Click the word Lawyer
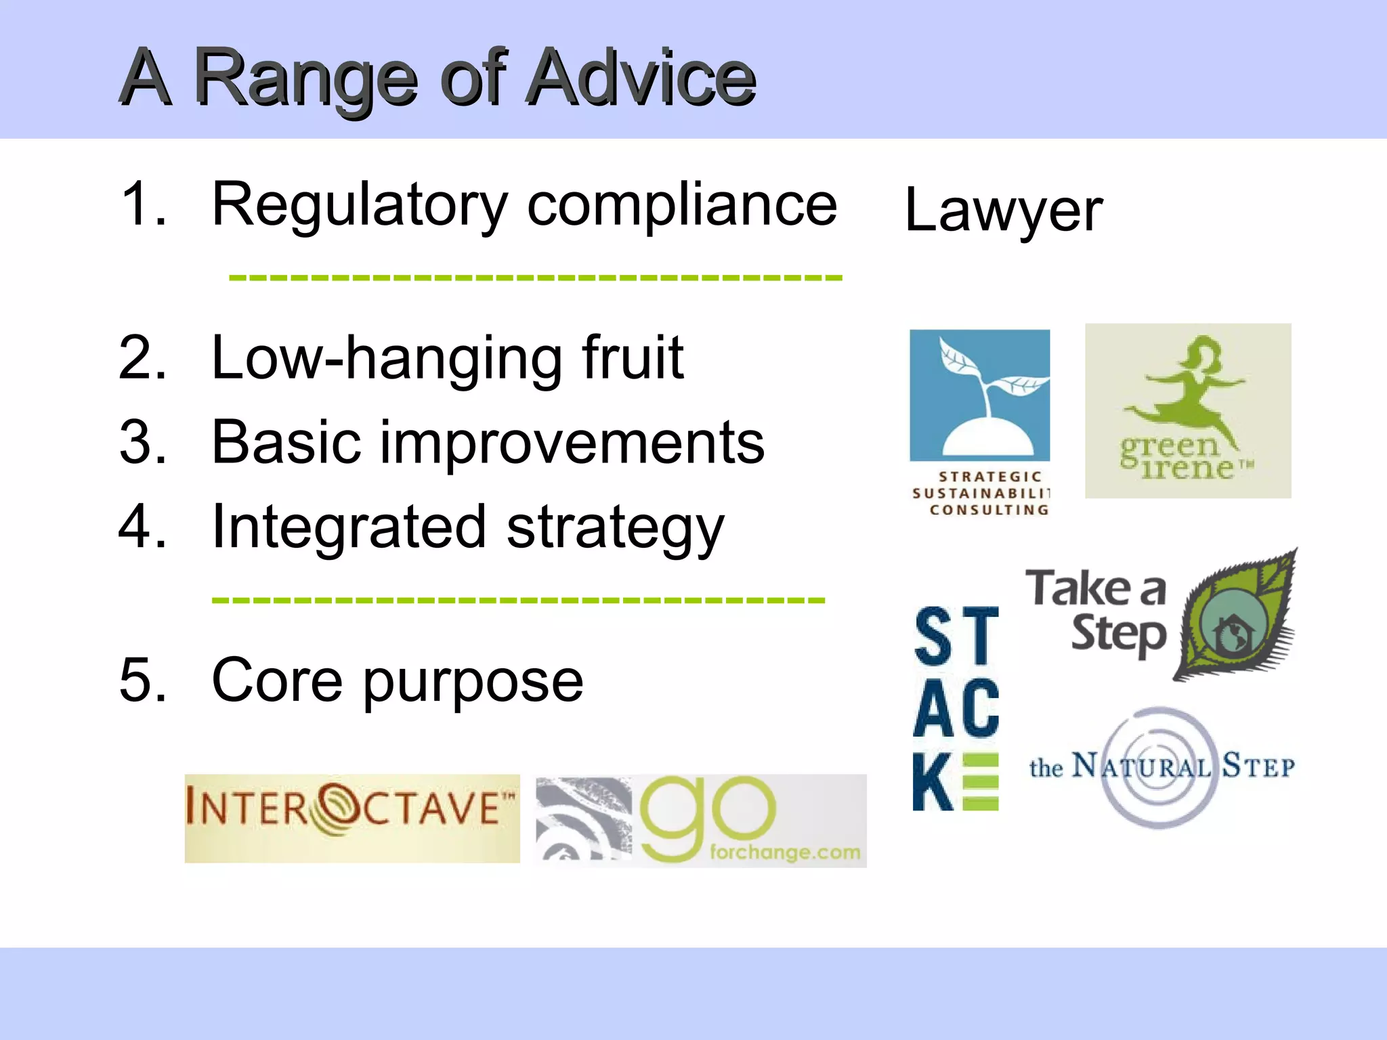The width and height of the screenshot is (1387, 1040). pos(1003,211)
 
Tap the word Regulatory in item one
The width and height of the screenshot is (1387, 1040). pos(360,205)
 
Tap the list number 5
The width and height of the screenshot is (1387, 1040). pos(142,680)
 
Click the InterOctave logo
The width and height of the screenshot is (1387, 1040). pos(351,818)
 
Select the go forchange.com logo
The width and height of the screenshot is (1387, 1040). pos(701,821)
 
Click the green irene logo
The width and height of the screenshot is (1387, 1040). pos(1187,411)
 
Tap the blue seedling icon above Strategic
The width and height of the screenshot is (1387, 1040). pos(979,395)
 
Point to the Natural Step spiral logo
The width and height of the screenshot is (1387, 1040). pos(1160,767)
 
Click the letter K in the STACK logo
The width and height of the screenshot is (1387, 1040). pos(932,782)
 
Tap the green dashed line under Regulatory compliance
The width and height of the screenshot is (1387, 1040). pos(535,278)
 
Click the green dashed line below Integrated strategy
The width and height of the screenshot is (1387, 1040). pos(518,600)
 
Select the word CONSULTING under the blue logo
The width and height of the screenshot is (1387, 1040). pos(988,510)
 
